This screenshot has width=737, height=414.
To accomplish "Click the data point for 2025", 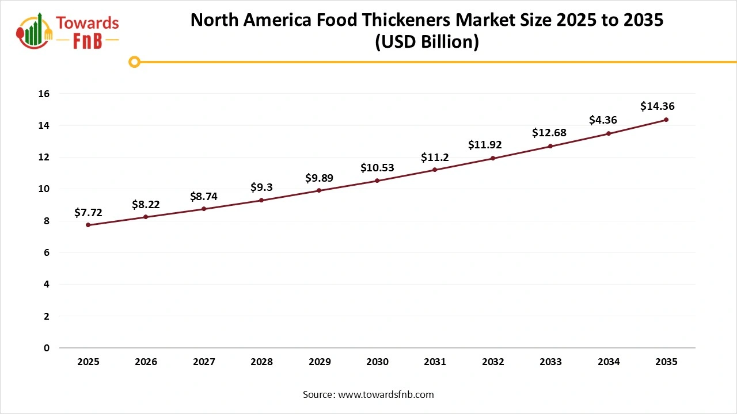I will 88,225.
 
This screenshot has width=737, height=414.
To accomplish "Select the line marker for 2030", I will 377,181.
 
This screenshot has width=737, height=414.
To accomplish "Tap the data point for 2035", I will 666,120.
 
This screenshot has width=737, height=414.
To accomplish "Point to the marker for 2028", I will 261,200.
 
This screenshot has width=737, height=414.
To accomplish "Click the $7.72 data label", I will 88,213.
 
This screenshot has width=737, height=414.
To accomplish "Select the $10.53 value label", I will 377,168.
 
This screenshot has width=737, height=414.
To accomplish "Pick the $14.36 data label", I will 657,106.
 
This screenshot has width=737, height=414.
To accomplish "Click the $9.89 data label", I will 319,178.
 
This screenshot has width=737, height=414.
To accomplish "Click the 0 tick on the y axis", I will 47,348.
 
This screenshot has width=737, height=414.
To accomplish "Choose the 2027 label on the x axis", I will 204,362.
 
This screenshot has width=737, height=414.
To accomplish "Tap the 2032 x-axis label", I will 493,362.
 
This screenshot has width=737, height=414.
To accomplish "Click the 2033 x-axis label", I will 550,362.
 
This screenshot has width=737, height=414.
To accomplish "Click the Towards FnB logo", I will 68,31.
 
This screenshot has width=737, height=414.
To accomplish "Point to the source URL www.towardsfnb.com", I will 385,394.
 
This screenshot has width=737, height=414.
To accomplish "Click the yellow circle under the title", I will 135,62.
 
